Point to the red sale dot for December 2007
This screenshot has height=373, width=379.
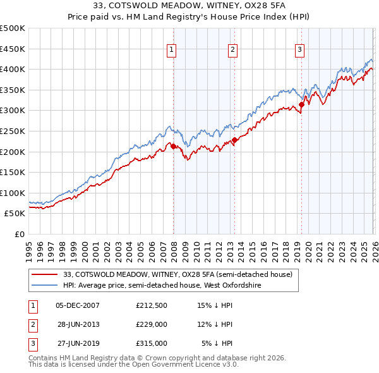[173, 146]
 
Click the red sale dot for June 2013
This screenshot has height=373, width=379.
[234, 140]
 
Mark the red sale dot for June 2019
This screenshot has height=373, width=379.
[301, 104]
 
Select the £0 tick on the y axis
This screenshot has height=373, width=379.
[19, 234]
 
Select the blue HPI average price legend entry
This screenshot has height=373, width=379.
[157, 286]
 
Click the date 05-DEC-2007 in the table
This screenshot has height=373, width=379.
[78, 305]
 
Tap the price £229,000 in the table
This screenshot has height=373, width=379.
[151, 324]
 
